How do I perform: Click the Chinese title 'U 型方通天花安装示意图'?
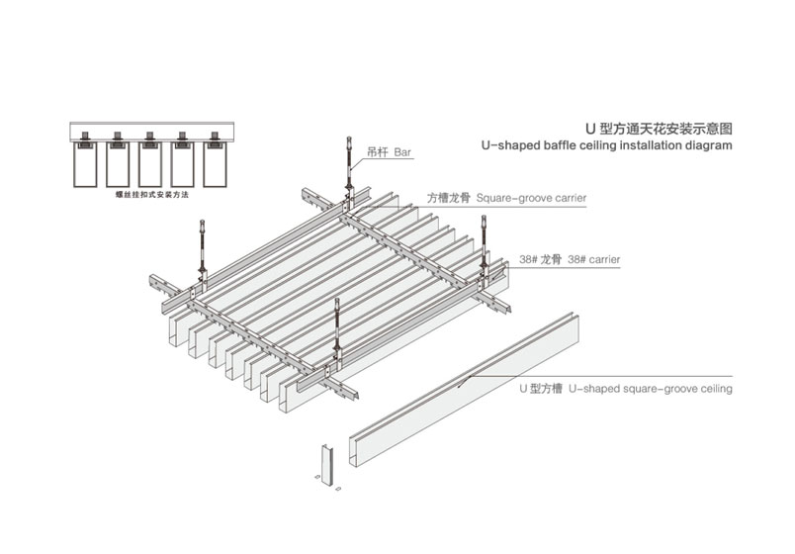(x=659, y=129)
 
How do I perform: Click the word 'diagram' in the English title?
(x=704, y=145)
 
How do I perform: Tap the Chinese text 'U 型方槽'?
(x=540, y=389)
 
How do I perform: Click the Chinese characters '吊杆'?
(x=377, y=153)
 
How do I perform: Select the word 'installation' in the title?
(x=627, y=145)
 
